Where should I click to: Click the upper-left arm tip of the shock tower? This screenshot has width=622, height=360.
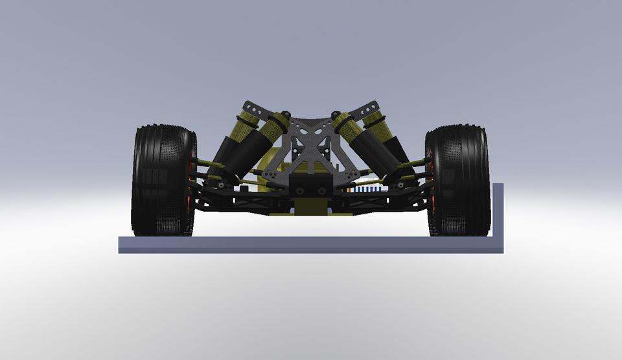247,105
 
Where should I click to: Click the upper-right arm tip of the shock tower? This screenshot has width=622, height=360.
373,105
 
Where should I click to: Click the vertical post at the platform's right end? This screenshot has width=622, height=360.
498,210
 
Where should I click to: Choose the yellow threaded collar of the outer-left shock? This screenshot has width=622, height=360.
243,125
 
